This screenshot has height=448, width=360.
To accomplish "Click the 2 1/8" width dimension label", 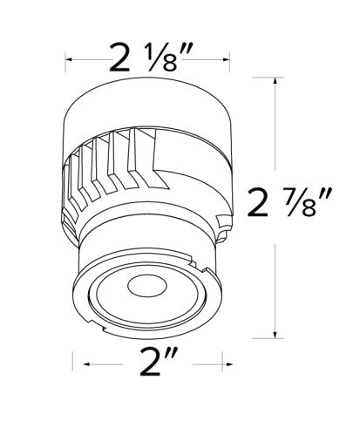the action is pyautogui.click(x=151, y=58).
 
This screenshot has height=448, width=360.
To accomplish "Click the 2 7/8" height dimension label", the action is pyautogui.click(x=289, y=202).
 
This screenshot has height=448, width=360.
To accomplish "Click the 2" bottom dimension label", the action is pyautogui.click(x=159, y=362).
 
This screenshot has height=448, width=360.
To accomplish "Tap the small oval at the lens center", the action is pyautogui.click(x=147, y=286).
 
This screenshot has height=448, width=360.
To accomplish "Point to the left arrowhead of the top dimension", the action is pyautogui.click(x=69, y=59).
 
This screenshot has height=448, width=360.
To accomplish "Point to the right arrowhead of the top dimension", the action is pyautogui.click(x=226, y=59).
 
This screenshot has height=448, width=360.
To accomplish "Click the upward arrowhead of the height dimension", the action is pyautogui.click(x=275, y=81).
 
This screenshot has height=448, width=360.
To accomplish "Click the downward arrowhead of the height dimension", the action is pyautogui.click(x=275, y=335).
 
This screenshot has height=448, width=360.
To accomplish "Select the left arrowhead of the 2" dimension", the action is pyautogui.click(x=87, y=364).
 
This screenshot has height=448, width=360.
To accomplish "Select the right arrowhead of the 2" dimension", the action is pyautogui.click(x=229, y=364).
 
